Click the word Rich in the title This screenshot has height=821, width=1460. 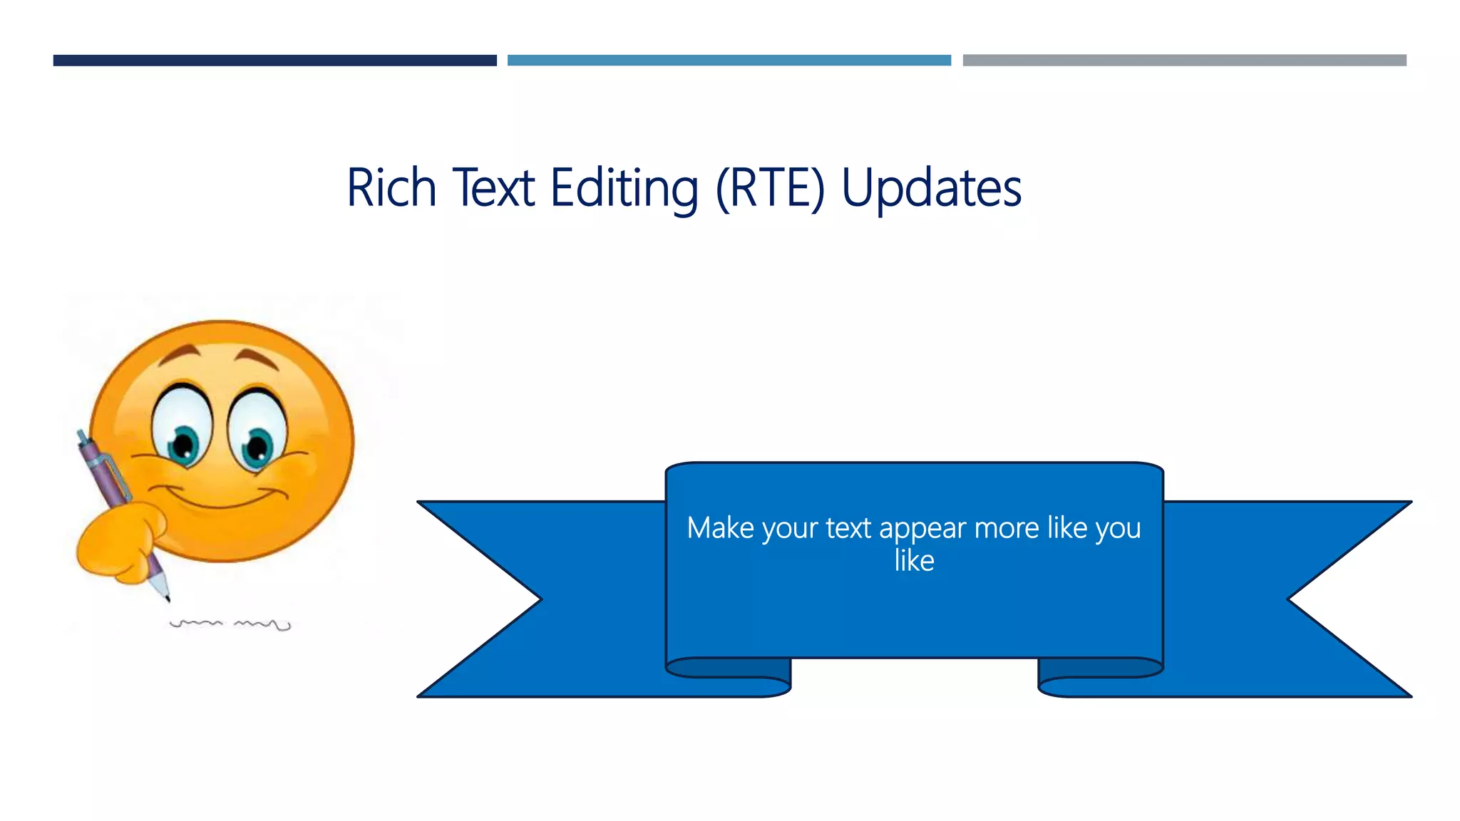391,187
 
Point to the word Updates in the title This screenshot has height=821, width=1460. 931,187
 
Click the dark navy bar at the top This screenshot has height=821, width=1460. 274,61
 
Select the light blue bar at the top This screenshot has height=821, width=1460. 729,61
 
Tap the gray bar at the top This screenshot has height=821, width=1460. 1184,61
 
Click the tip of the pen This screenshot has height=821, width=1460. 167,598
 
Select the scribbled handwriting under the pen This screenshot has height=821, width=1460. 230,624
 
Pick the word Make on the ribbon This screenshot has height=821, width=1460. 720,528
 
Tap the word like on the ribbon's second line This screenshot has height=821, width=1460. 914,561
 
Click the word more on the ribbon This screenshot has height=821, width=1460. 1007,529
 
